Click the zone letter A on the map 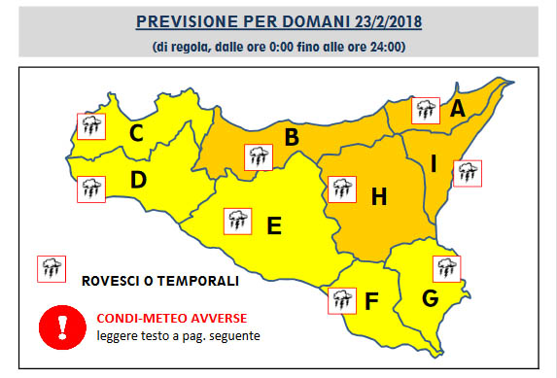tap(458, 109)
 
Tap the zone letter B tap(291, 138)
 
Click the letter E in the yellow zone tap(274, 225)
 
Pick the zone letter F tap(371, 300)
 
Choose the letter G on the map tap(430, 296)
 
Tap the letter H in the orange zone tap(378, 196)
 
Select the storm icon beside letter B tap(258, 156)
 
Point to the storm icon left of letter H tap(342, 189)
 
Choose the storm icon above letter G tap(447, 266)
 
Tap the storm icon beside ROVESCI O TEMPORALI tap(50, 268)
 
